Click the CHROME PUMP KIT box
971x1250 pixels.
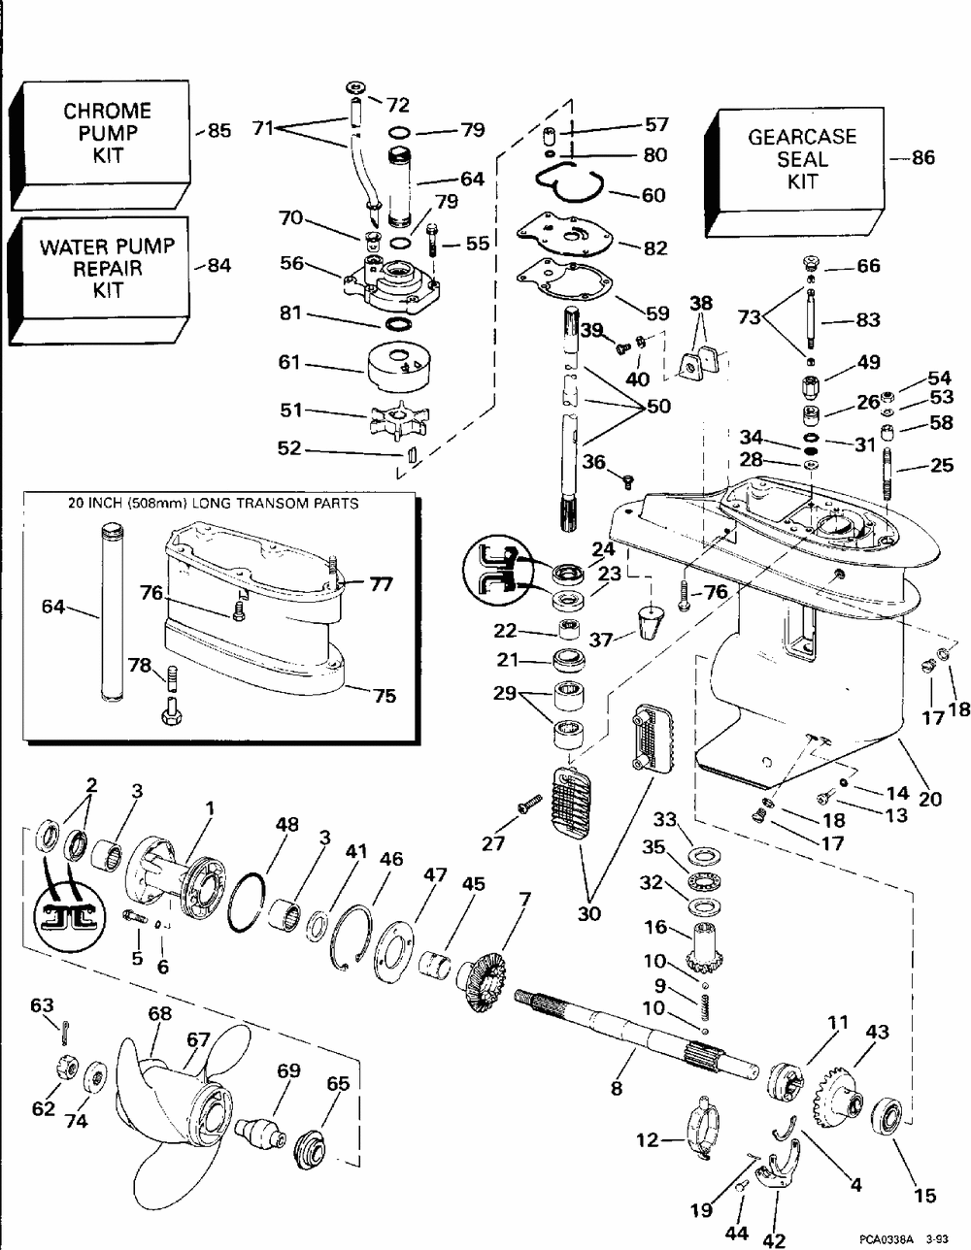click(x=107, y=133)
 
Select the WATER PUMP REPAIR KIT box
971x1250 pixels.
click(x=107, y=269)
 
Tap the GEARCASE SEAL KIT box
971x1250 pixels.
click(x=802, y=159)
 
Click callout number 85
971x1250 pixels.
click(x=220, y=131)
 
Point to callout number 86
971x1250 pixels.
click(x=923, y=156)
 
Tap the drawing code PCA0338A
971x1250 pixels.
click(x=889, y=1239)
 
